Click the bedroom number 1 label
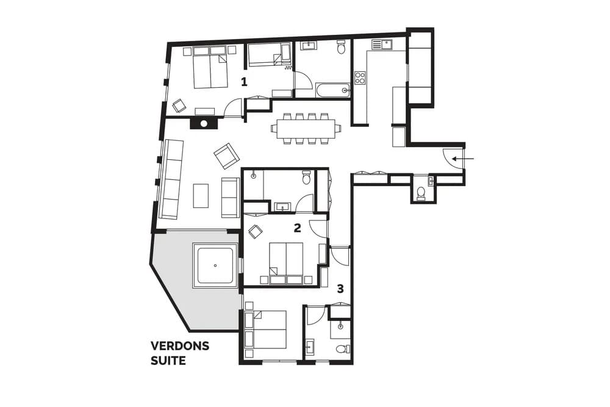point(244,82)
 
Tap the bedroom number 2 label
point(297,228)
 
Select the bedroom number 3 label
point(340,289)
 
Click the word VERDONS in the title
point(180,346)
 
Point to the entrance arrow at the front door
point(463,159)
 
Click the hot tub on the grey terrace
point(215,265)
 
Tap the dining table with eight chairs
point(306,129)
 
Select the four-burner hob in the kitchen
point(360,77)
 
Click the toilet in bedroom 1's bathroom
point(341,47)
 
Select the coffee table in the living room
point(201,196)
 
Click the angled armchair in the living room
point(227,156)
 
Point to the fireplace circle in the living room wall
point(204,124)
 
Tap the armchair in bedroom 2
point(256,231)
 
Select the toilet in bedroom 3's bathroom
point(343,349)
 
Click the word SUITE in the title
point(168,361)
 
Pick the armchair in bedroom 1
point(179,106)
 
